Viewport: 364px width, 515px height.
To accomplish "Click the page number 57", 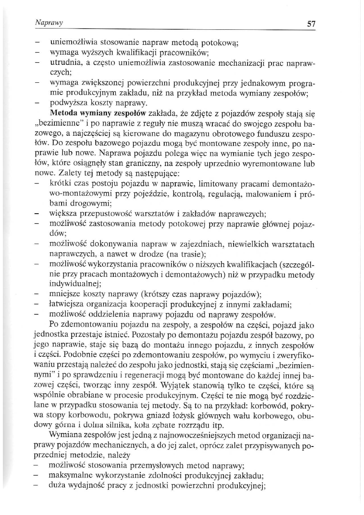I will pyautogui.click(x=311, y=24).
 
